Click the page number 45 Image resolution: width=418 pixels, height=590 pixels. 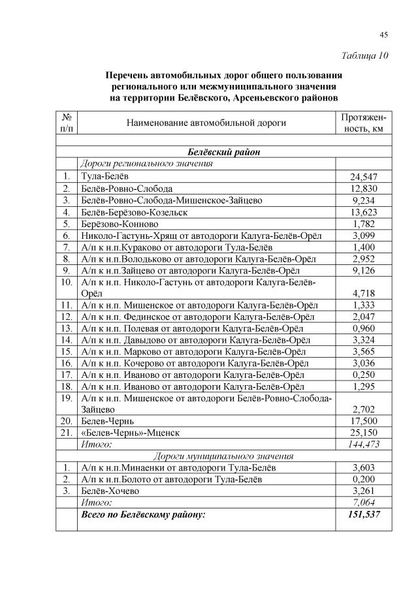click(384, 35)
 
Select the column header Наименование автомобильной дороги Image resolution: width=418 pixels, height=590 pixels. click(206, 122)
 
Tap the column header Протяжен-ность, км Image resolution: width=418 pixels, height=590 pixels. click(363, 122)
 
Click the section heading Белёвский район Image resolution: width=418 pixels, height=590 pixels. click(223, 152)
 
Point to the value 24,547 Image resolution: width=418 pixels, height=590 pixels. click(363, 176)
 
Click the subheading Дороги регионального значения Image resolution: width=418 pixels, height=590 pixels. click(151, 164)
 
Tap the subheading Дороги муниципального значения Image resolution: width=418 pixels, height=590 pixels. click(223, 456)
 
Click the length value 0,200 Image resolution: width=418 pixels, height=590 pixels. click(363, 479)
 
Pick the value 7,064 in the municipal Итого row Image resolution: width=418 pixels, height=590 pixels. click(363, 503)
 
